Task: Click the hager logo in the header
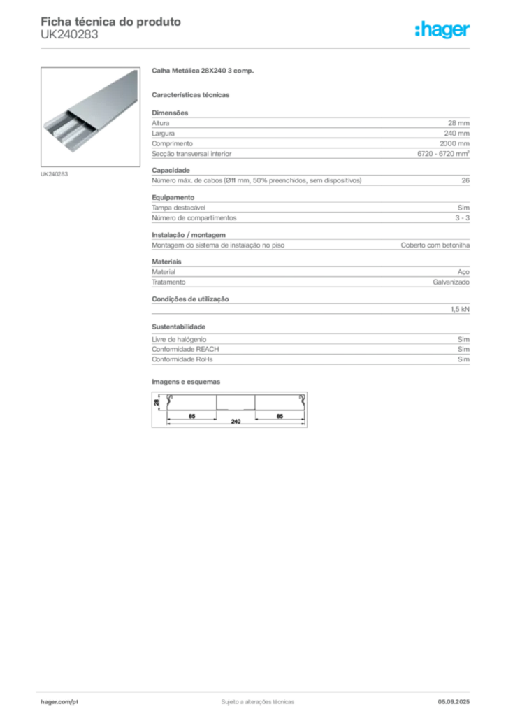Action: point(442,29)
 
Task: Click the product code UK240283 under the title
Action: point(69,35)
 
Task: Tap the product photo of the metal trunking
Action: point(90,117)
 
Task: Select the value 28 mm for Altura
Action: point(458,123)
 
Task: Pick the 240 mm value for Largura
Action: point(456,134)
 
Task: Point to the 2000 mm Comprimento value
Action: point(454,143)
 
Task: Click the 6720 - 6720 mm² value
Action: point(443,153)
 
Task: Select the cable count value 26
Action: point(465,180)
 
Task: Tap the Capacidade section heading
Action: point(171,171)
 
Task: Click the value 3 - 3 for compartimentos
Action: point(462,218)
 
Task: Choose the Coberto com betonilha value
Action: point(435,245)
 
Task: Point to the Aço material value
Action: point(463,272)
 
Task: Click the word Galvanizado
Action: point(451,282)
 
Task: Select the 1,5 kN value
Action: point(460,309)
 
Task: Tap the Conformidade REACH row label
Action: point(185,350)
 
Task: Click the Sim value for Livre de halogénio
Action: point(463,339)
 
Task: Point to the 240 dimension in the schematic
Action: point(236,422)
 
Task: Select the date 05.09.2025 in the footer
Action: point(454,702)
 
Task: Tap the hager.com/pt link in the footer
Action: point(59,702)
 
